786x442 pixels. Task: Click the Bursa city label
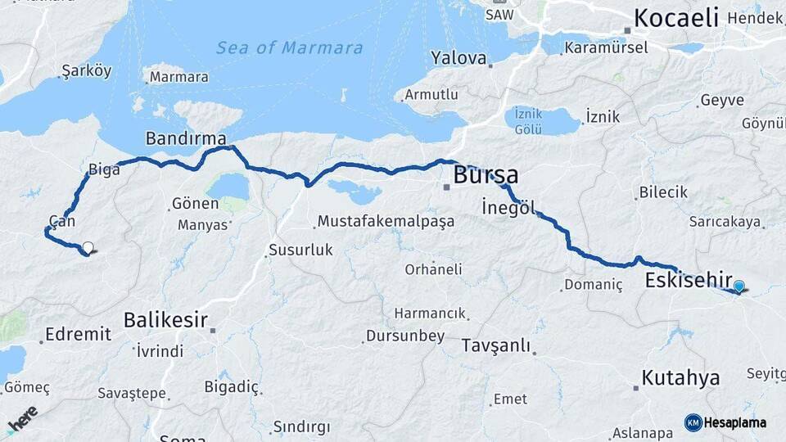(486, 175)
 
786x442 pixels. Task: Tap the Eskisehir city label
(689, 280)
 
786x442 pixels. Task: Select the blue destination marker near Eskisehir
(739, 286)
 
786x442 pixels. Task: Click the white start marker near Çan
(88, 246)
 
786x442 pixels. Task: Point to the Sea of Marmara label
(289, 47)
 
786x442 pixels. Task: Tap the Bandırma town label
(186, 137)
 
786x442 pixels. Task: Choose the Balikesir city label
(165, 319)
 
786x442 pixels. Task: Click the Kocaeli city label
(676, 17)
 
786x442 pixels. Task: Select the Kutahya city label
(680, 377)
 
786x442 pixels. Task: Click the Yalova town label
(458, 58)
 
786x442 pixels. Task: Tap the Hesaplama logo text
(734, 422)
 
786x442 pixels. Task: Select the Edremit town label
(78, 334)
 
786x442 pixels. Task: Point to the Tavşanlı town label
(496, 345)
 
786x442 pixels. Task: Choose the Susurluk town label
(300, 250)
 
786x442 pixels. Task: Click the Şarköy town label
(86, 71)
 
